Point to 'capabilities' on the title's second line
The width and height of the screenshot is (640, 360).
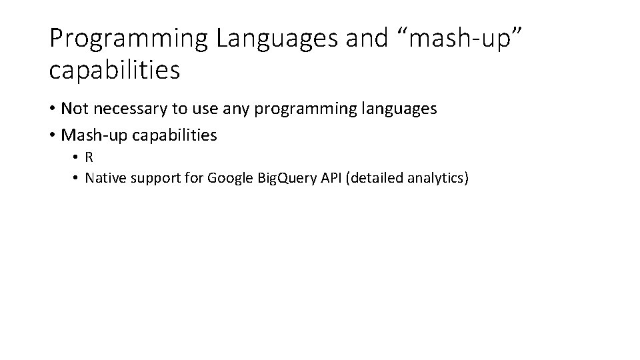coord(115,70)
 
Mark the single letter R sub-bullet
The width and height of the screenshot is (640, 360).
coord(89,157)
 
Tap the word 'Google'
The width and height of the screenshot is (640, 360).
coord(227,179)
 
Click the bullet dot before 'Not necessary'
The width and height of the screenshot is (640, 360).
coord(53,109)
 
